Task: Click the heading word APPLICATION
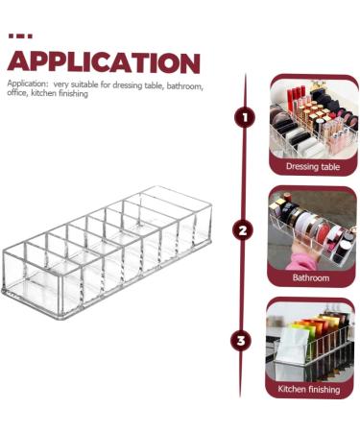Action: (104, 62)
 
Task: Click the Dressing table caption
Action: (313, 166)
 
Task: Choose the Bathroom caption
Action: (313, 277)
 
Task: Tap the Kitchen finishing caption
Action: (313, 389)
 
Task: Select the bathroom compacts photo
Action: (313, 230)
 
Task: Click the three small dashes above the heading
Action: (19, 36)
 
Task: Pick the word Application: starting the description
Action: (28, 84)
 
